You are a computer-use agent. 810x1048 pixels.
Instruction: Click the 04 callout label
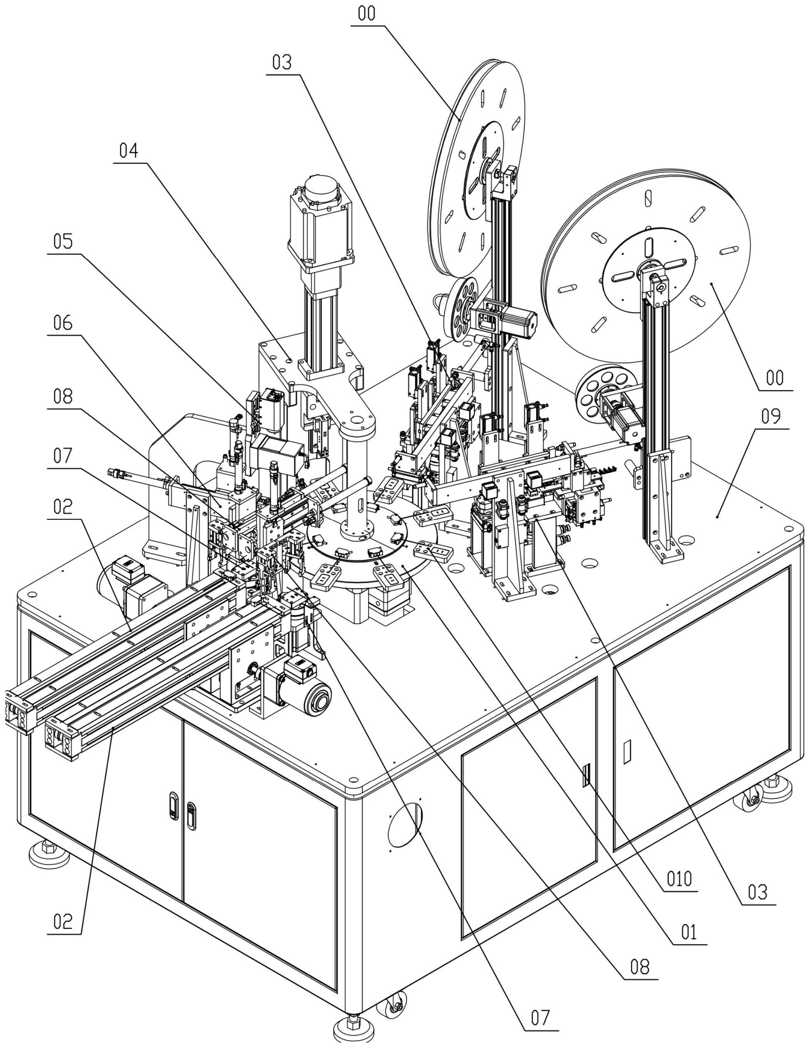coord(128,151)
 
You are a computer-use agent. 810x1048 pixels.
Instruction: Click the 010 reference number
coord(680,879)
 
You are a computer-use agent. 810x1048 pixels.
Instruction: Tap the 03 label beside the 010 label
coord(758,893)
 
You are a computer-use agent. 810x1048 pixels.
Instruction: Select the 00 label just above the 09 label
coord(775,378)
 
